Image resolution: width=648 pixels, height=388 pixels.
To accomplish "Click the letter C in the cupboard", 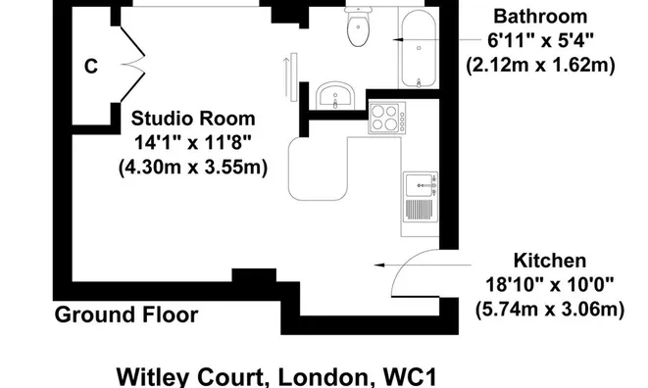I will pos(91,67).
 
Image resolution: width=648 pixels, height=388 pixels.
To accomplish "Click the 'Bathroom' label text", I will pos(540,17).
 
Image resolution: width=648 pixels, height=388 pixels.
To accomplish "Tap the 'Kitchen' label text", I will pos(550,261).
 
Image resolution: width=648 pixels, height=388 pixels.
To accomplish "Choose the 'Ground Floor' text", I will pos(125,315).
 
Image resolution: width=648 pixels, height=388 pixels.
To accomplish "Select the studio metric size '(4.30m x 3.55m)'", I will pos(192,168).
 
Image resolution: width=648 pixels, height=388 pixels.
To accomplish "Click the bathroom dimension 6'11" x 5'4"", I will pos(540,41).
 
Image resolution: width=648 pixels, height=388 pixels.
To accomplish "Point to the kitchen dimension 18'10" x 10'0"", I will pos(550,286).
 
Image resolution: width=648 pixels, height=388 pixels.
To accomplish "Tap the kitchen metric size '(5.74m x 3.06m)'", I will pos(550,311).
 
